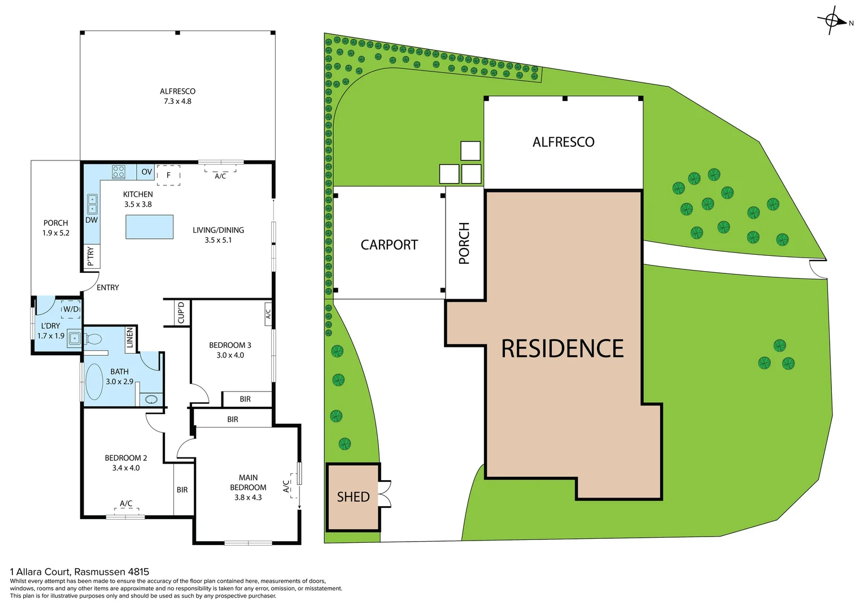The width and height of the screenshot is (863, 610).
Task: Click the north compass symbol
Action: (832, 21)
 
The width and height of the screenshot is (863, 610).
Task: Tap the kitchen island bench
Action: (149, 227)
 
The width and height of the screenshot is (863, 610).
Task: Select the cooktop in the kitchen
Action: (118, 172)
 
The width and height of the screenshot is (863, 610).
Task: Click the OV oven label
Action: (147, 172)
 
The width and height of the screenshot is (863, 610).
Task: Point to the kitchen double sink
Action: (91, 204)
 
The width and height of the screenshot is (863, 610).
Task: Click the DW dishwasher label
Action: (91, 220)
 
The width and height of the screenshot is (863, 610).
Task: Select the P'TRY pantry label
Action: (91, 256)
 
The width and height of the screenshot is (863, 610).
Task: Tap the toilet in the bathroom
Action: (93, 339)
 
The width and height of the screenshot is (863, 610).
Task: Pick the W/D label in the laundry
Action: (71, 309)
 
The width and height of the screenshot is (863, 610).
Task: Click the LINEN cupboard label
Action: (130, 338)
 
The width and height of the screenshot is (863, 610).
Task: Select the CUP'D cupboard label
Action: (181, 313)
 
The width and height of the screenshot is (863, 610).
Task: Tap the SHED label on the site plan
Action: (353, 497)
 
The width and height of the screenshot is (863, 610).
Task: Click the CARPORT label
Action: (389, 245)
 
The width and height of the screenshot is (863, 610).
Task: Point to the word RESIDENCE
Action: (562, 349)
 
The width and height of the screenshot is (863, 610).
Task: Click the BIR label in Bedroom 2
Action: (182, 490)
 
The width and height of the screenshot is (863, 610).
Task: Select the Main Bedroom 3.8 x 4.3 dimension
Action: (248, 498)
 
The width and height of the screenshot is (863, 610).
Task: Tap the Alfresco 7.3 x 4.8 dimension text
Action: (177, 102)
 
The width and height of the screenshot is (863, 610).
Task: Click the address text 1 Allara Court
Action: (80, 572)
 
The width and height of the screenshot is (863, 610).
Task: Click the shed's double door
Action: (385, 494)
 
